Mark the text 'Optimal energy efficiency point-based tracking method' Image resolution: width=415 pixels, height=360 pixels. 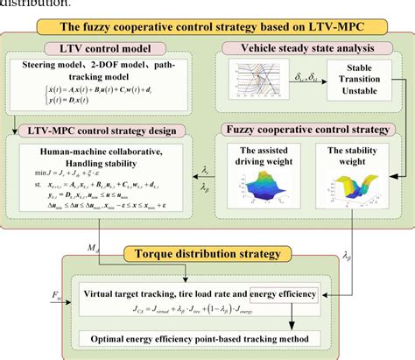(x=206, y=338)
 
